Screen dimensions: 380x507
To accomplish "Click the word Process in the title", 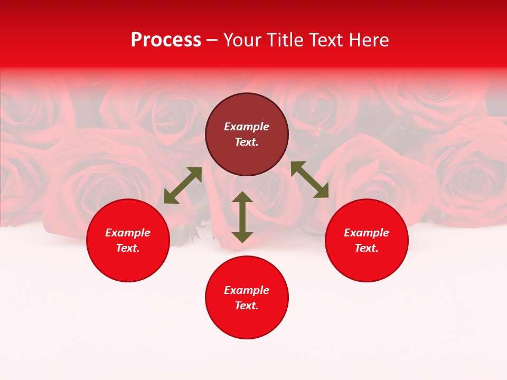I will [166, 40].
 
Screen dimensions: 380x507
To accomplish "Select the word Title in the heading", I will [286, 40].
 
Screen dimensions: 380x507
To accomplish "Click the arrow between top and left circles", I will [183, 185].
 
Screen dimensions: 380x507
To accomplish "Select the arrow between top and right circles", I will [309, 179].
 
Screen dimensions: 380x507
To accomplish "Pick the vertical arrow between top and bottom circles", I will [242, 217].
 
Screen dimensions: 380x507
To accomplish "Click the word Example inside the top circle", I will [247, 127].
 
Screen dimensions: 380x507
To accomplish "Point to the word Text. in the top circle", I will [247, 142].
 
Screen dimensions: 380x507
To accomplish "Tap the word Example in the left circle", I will [128, 233].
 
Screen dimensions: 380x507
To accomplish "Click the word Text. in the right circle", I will [367, 248].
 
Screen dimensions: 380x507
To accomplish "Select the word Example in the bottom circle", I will [247, 290].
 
